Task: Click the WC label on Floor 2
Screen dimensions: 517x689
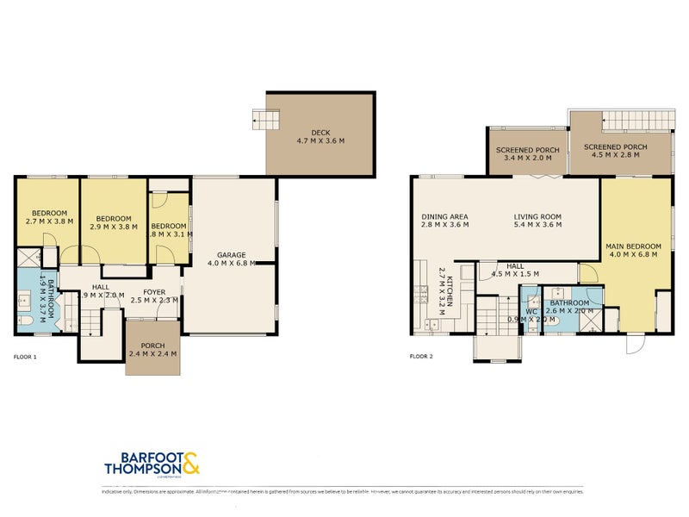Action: [x=531, y=311]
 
